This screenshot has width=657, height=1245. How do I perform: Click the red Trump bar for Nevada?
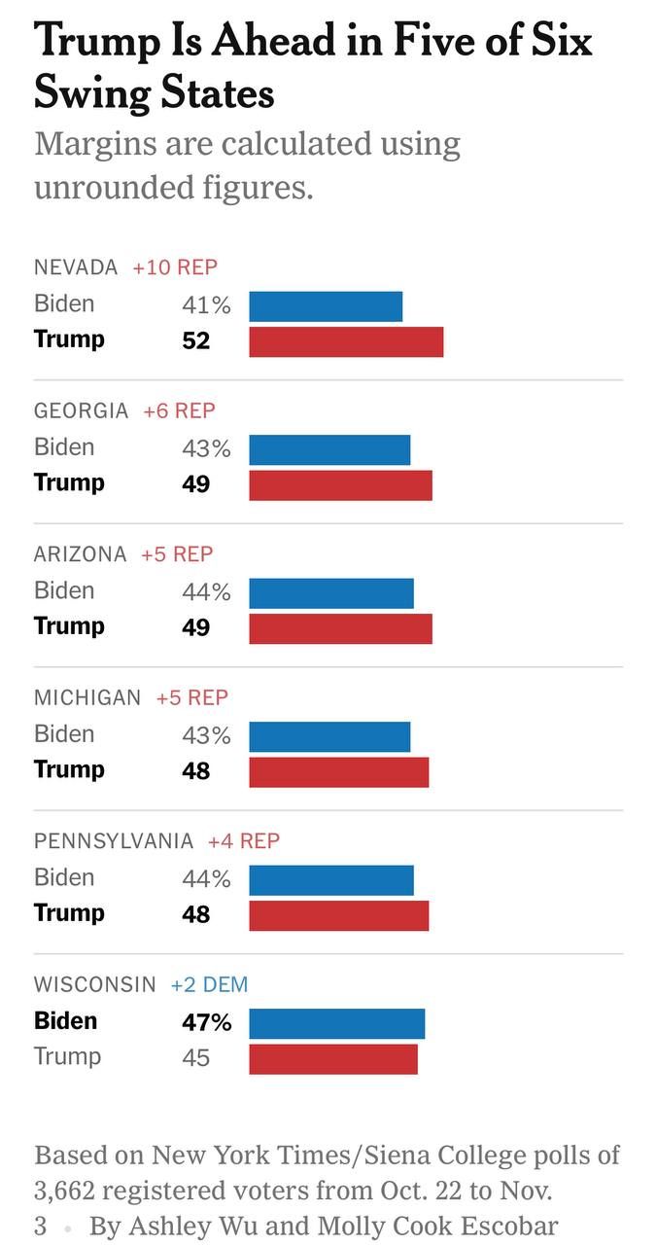coord(346,341)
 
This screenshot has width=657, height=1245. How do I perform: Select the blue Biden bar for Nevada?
coord(326,305)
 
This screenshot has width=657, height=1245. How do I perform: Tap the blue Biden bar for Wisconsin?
coord(336,1023)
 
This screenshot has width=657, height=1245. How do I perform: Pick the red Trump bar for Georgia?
coord(340,484)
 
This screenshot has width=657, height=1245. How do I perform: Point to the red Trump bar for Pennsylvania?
coord(338,915)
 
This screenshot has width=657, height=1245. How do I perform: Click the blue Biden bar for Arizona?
coord(331,592)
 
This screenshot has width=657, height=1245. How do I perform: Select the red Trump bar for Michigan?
coord(338,771)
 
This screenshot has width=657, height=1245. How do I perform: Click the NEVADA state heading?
coord(76,267)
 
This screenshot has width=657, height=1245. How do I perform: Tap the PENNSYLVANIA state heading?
coord(114,840)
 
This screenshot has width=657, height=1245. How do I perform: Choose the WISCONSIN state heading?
coord(94,984)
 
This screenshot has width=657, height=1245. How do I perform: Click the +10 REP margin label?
coord(175,267)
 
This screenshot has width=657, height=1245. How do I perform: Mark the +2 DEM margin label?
coord(209,984)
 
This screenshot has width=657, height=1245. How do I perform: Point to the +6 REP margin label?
coord(179,410)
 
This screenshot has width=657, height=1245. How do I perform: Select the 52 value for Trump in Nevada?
coord(196,341)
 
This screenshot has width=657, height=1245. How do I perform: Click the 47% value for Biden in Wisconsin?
coord(206,1022)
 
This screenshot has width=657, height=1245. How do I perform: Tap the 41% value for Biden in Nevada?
coord(206,305)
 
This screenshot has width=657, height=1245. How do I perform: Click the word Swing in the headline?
coord(87,92)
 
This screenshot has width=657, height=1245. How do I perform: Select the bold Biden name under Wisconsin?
coord(66,1021)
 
